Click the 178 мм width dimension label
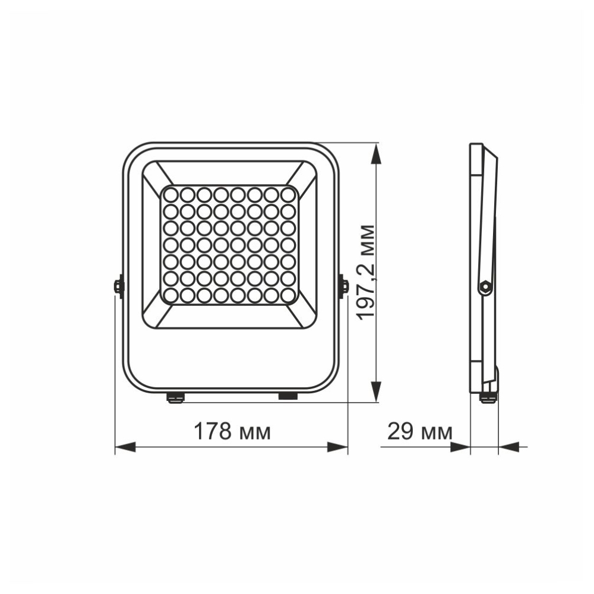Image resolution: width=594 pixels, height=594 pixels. pyautogui.click(x=232, y=432)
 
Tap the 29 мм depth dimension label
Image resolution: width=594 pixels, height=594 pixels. pyautogui.click(x=419, y=432)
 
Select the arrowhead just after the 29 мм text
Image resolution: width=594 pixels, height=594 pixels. pyautogui.click(x=461, y=447)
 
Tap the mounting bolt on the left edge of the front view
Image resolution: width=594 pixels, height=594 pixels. pyautogui.click(x=118, y=286)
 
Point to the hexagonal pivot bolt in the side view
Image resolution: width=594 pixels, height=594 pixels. pyautogui.click(x=485, y=287)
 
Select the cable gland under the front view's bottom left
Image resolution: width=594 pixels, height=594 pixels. pyautogui.click(x=175, y=396)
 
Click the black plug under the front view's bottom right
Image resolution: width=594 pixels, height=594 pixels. pyautogui.click(x=288, y=395)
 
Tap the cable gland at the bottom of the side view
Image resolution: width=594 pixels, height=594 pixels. pyautogui.click(x=488, y=397)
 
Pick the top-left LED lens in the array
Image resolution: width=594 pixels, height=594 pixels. pyautogui.click(x=170, y=194)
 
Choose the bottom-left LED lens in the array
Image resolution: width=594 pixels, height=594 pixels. pyautogui.click(x=170, y=295)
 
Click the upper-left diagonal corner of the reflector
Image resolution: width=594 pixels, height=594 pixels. pyautogui.click(x=156, y=176)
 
